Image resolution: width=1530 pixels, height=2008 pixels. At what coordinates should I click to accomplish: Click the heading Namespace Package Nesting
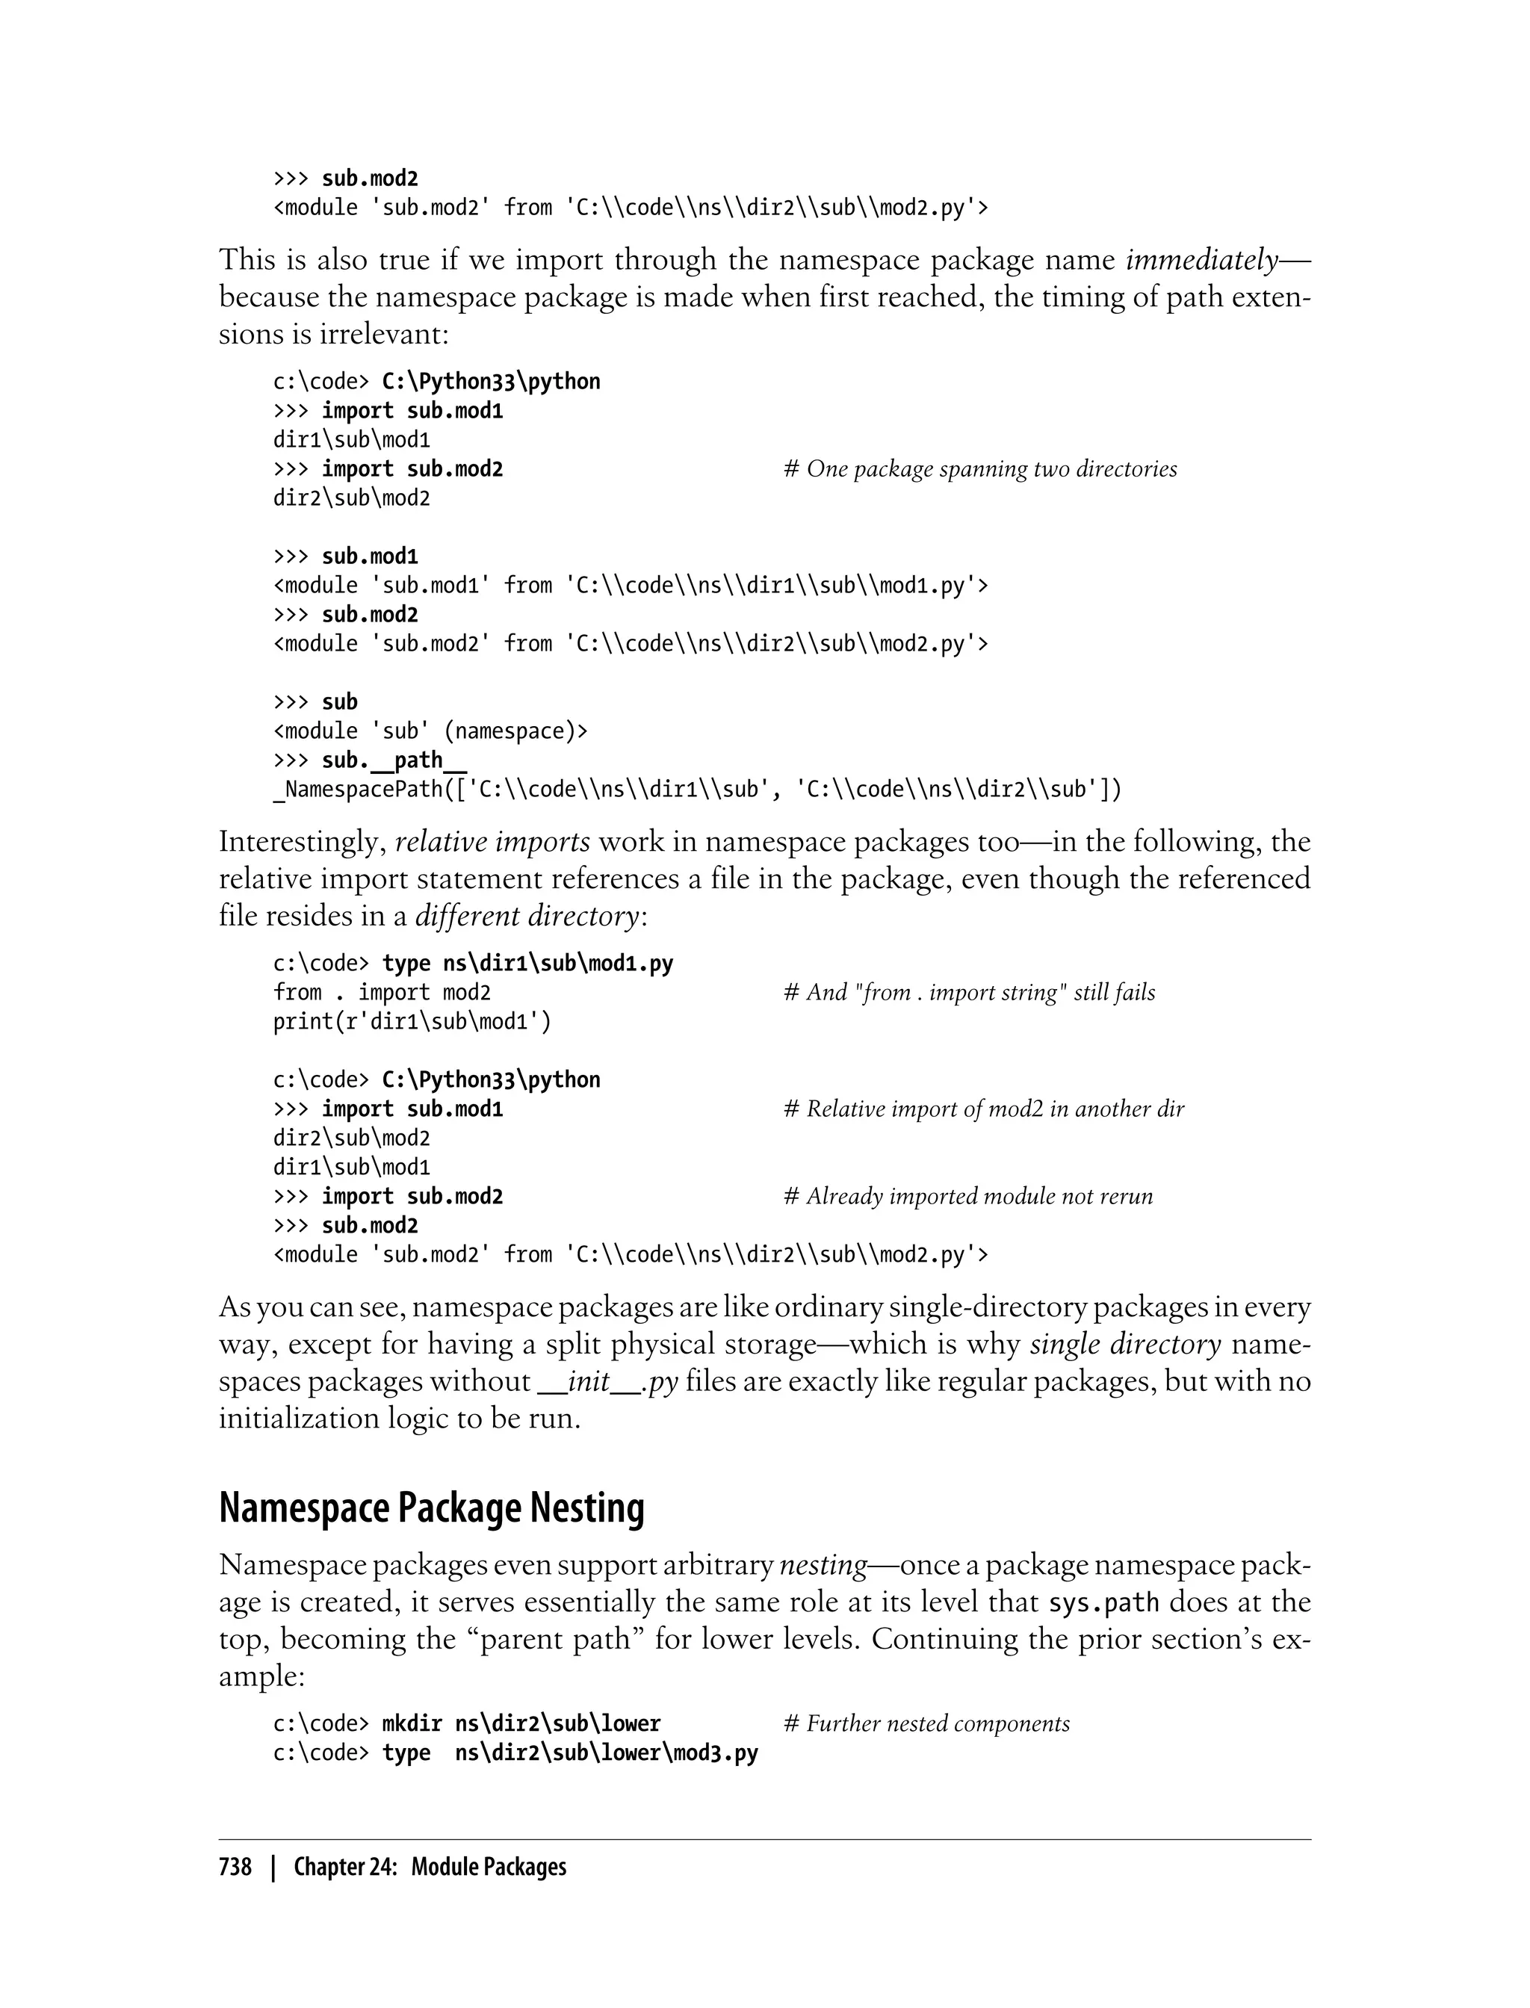(432, 1509)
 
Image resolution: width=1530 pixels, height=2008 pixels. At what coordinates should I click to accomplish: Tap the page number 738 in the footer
(235, 1867)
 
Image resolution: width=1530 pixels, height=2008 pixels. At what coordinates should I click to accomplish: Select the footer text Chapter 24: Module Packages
(430, 1867)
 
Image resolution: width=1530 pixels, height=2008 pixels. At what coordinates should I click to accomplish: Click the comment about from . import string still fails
(969, 993)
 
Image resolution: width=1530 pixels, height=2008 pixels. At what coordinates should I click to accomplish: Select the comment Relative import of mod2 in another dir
(984, 1109)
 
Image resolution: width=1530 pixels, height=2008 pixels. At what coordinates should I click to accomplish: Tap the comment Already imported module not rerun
(968, 1197)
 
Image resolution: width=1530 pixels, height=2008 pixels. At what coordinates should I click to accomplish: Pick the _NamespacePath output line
(697, 790)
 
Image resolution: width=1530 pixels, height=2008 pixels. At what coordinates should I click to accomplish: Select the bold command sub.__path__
(394, 760)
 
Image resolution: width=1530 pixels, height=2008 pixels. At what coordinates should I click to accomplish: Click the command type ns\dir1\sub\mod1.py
(527, 964)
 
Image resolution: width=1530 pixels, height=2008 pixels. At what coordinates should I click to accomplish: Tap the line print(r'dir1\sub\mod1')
(412, 1022)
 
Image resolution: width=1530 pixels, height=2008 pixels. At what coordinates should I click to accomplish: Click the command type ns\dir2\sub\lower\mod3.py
(569, 1753)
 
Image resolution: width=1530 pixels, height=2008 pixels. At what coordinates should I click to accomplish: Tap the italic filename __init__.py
(608, 1381)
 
